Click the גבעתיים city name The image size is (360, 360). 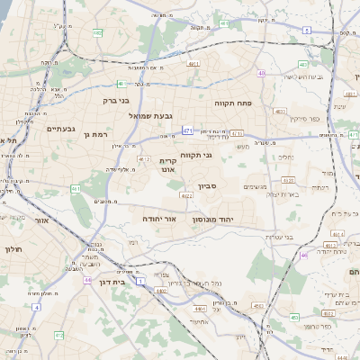pyautogui.click(x=59, y=128)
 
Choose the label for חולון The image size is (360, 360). pyautogui.click(x=12, y=247)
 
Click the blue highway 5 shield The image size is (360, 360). pyautogui.click(x=306, y=31)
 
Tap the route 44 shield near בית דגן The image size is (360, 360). pyautogui.click(x=87, y=280)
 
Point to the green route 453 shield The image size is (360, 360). pyautogui.click(x=295, y=317)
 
